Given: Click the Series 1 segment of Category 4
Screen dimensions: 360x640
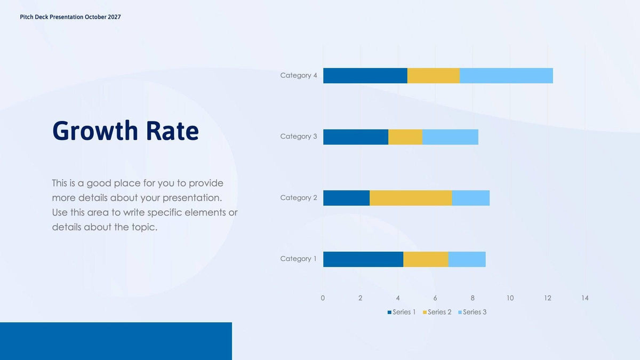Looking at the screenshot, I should (365, 76).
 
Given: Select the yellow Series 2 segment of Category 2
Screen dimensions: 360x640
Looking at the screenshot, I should (411, 198).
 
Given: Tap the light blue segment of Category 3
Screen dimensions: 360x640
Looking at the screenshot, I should (450, 137).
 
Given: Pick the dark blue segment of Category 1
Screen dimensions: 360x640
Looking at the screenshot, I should (363, 259).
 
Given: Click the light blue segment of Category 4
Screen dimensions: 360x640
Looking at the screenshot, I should (506, 76).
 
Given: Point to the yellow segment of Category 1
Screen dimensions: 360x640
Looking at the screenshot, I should (426, 259).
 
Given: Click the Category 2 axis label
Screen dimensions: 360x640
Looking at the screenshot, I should (299, 198).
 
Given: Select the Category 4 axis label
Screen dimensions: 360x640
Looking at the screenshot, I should (299, 76).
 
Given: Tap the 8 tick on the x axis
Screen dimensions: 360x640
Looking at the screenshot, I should (473, 298).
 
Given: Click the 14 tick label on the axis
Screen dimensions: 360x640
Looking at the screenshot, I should (585, 298).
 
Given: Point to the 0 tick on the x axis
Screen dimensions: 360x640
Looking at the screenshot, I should (323, 298).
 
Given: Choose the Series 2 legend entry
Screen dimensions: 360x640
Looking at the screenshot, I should (439, 312).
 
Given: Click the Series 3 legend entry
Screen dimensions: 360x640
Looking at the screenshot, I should (474, 312).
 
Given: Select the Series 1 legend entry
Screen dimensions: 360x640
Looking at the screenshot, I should (404, 312).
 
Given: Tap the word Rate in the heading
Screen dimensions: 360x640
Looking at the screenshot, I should (173, 131).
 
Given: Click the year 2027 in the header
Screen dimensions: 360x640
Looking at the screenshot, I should (114, 17).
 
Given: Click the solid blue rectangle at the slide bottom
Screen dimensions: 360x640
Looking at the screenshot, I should (116, 341).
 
